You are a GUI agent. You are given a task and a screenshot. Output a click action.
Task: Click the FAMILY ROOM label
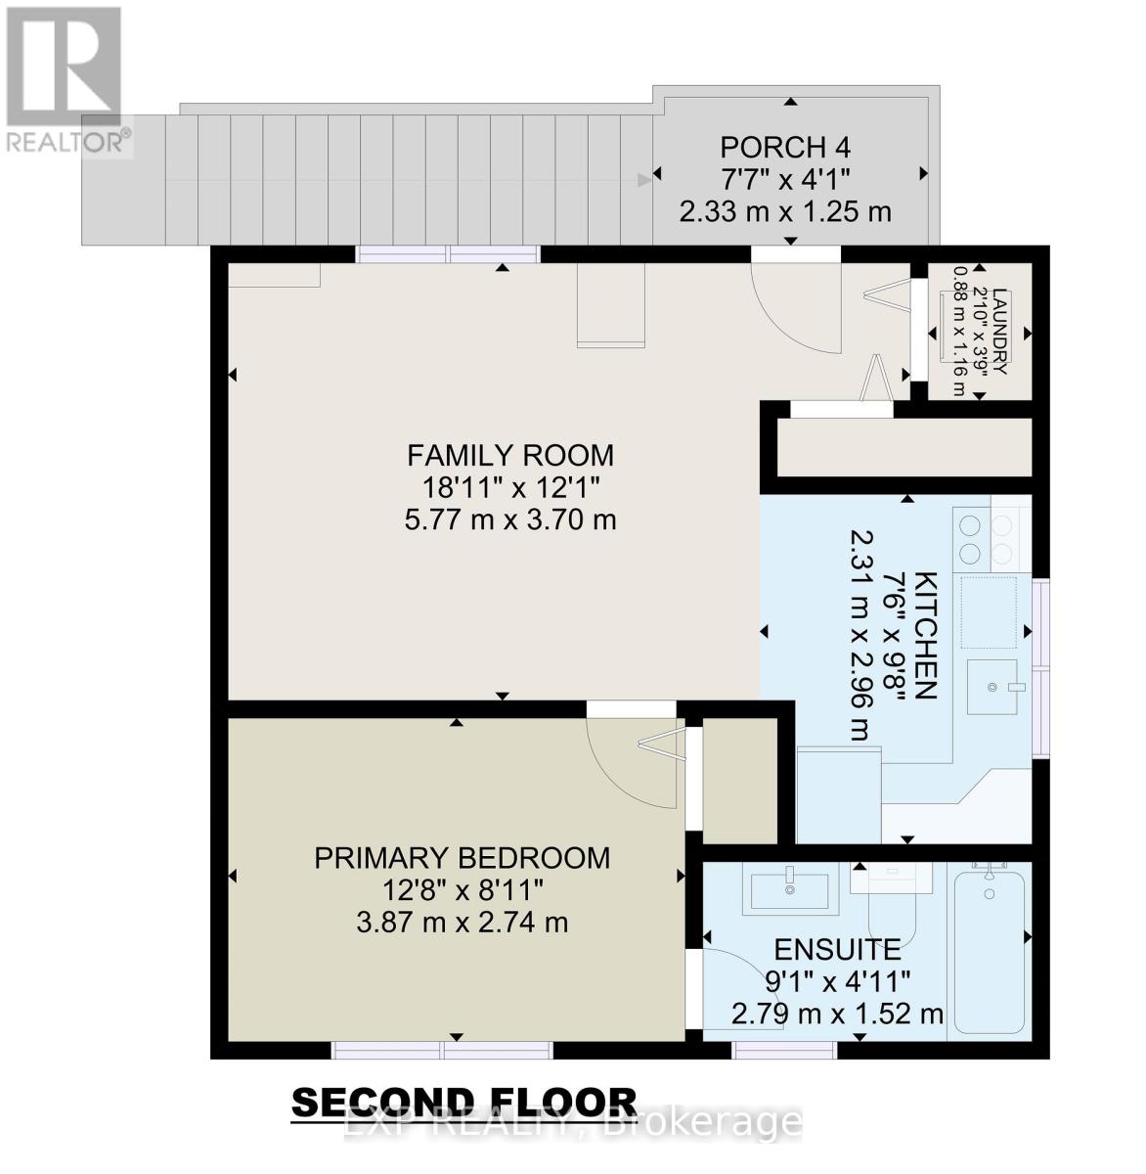pos(509,456)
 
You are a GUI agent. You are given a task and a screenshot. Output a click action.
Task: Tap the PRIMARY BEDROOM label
pos(462,858)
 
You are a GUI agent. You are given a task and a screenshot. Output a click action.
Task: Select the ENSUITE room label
pos(837,949)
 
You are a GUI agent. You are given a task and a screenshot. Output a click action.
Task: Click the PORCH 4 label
pos(785,148)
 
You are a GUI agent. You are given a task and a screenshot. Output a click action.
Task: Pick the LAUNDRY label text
pos(998,332)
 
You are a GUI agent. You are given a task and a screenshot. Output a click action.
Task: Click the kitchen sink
pos(993,686)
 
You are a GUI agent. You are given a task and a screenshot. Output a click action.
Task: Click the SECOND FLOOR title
pos(464,1104)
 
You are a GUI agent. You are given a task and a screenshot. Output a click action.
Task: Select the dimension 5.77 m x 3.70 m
pos(509,519)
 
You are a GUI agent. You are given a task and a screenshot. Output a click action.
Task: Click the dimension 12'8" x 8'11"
pos(462,890)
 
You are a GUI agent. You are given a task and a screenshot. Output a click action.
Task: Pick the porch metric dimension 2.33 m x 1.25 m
pos(785,211)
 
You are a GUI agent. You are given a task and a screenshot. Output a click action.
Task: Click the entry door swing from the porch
pos(792,308)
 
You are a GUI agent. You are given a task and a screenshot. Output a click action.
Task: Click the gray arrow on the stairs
pos(643,179)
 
